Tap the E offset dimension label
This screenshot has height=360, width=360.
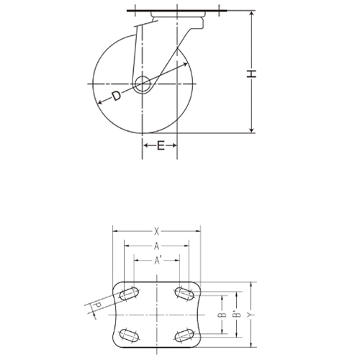pyautogui.click(x=161, y=146)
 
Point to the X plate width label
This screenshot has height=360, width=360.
pyautogui.click(x=156, y=231)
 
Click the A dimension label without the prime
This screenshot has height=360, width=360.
pyautogui.click(x=156, y=246)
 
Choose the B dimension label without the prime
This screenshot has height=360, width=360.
pyautogui.click(x=222, y=315)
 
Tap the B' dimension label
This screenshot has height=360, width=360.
pyautogui.click(x=235, y=315)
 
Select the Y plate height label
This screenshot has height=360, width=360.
pyautogui.click(x=251, y=315)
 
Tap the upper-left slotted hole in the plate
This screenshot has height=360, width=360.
pyautogui.click(x=130, y=294)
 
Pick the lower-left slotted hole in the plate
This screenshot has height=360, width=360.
pyautogui.click(x=130, y=334)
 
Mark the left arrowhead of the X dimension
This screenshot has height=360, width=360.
pyautogui.click(x=115, y=231)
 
